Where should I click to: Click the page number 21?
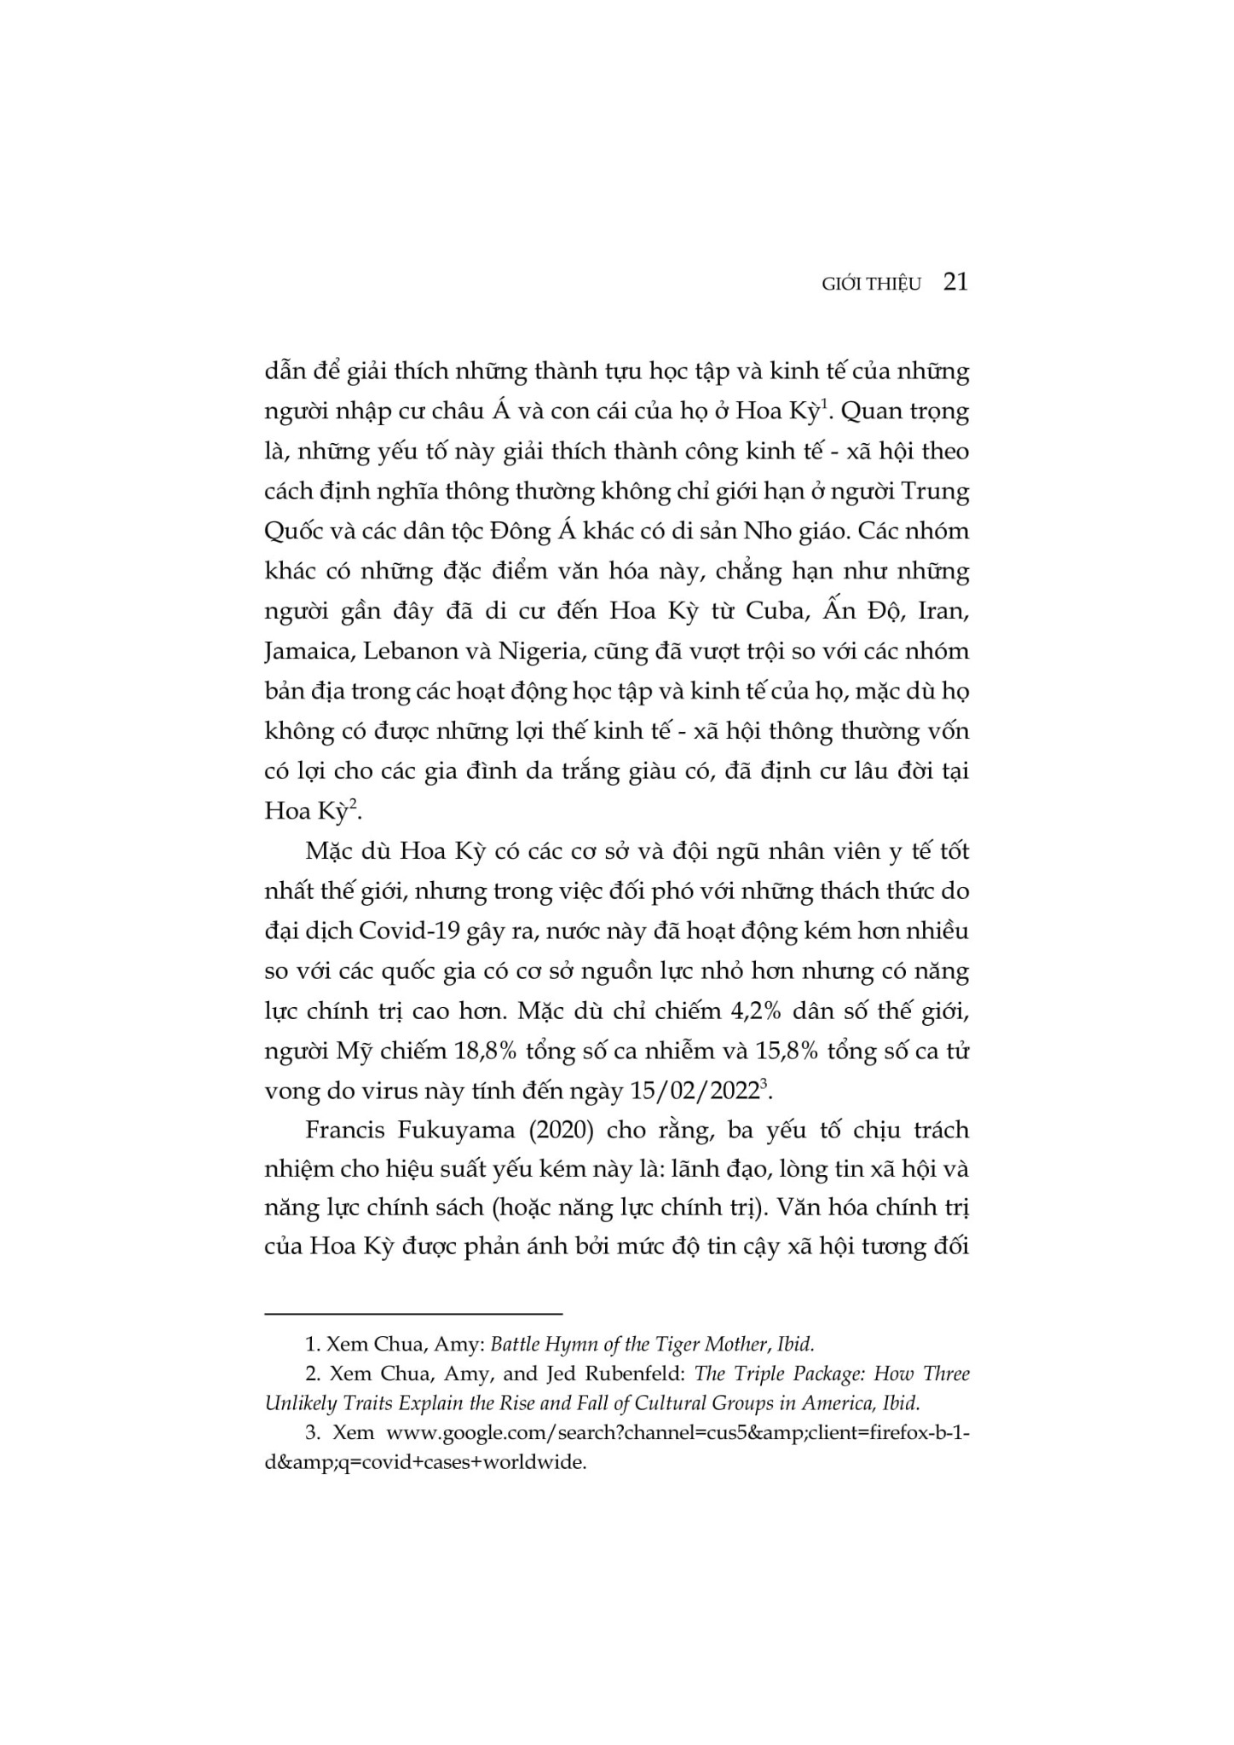click(x=956, y=282)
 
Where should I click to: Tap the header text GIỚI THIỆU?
click(x=872, y=285)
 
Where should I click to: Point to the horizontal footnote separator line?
click(x=413, y=1314)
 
